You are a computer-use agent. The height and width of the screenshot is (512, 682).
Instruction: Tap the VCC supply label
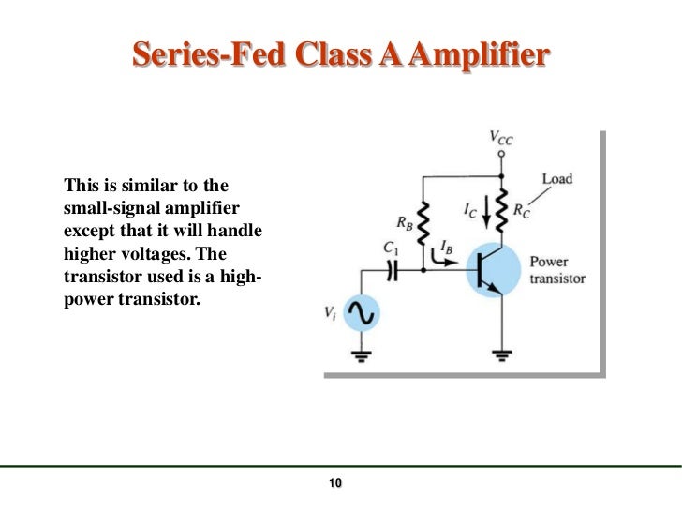pos(501,136)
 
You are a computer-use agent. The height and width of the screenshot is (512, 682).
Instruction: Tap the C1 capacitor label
pos(391,248)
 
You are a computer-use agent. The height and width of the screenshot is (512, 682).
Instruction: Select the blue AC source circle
pos(362,316)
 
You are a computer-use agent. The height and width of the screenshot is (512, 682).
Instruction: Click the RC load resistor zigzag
pos(502,210)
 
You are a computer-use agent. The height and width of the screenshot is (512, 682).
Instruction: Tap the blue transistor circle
pos(494,269)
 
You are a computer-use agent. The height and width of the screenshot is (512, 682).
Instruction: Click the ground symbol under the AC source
pos(362,355)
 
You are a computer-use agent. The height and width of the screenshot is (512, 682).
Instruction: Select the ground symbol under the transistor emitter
pos(503,355)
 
